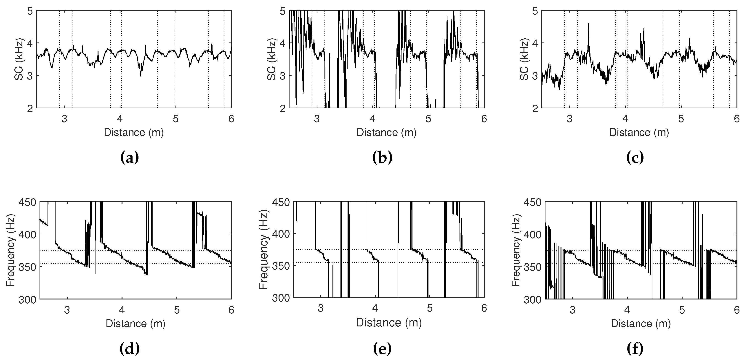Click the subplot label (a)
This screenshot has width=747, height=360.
[x=130, y=158]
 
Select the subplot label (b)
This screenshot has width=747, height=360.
[x=382, y=158]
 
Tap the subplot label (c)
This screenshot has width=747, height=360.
[x=635, y=158]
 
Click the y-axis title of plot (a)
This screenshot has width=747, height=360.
[x=19, y=59]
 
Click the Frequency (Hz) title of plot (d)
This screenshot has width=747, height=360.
[x=11, y=250]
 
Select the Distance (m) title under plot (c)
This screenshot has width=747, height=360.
[x=639, y=132]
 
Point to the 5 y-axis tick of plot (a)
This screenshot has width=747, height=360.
[x=30, y=11]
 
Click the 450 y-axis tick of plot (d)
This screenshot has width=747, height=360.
[x=27, y=202]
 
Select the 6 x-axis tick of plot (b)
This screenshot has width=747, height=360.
[x=484, y=119]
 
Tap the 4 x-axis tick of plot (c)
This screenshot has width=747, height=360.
[x=625, y=119]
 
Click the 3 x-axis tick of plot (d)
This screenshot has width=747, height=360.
[x=67, y=310]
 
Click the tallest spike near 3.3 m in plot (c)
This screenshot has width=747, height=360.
[x=588, y=24]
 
